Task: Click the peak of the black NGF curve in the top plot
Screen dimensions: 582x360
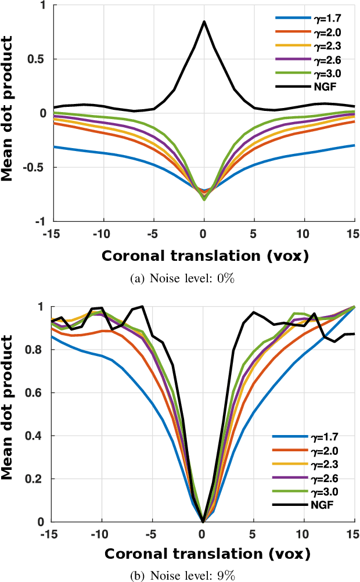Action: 204,21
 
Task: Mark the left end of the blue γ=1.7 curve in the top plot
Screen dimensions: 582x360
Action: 54,147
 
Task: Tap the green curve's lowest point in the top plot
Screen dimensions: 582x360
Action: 204,200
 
